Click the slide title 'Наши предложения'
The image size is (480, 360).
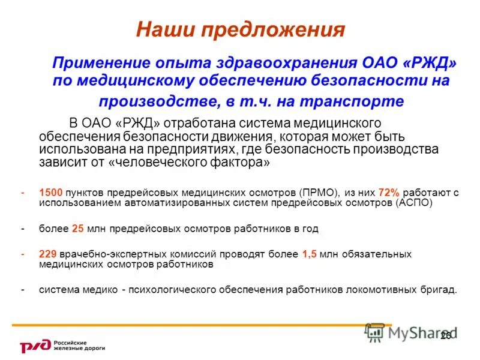[240, 29]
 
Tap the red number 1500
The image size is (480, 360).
[51, 193]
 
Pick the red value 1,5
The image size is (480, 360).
[309, 254]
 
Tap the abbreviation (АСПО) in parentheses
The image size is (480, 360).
[413, 203]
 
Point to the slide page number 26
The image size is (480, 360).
[445, 335]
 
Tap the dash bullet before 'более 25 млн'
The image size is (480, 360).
[23, 229]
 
